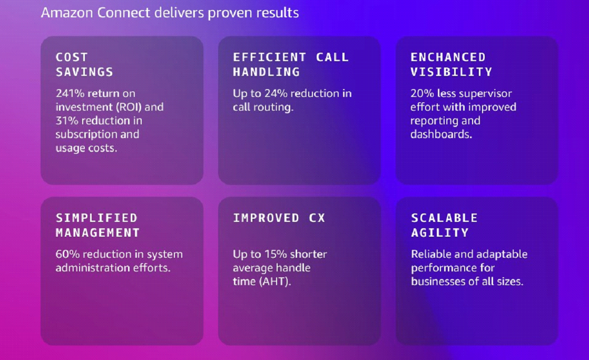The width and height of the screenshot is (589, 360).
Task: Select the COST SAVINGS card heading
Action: [x=84, y=64]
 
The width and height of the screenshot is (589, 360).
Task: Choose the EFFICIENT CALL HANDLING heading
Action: [x=291, y=64]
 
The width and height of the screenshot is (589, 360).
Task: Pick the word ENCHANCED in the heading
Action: [x=448, y=57]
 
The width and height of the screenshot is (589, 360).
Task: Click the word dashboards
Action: [x=440, y=134]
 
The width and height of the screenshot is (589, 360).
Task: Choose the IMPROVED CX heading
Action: [x=279, y=218]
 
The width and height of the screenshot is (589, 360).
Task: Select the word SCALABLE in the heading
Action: [x=444, y=218]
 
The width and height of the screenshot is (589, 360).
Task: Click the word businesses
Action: [x=437, y=281]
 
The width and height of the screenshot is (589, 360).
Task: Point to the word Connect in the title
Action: [x=123, y=13]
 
